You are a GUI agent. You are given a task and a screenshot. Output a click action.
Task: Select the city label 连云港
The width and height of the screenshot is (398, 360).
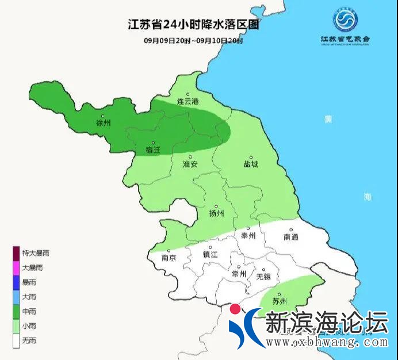coord(187,101)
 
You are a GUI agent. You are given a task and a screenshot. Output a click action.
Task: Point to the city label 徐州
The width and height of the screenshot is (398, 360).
coord(103,123)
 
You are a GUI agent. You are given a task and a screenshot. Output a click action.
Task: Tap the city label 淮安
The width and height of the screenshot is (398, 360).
coord(190,164)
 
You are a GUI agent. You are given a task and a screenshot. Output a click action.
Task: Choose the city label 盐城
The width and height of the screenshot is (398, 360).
coord(251,164)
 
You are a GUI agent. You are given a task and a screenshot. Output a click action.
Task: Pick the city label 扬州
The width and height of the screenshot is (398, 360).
coord(216,213)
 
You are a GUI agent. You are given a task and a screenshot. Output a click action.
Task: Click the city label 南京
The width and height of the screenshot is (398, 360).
coord(169,258)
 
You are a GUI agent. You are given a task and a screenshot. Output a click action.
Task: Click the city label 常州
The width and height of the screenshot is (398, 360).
coord(238,274)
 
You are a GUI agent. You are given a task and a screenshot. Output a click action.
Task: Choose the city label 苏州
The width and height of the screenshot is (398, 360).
coord(280,301)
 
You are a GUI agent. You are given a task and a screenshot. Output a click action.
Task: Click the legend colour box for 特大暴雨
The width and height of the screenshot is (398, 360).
coord(16,253)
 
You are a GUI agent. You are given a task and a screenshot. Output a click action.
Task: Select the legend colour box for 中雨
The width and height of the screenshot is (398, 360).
coord(16,312)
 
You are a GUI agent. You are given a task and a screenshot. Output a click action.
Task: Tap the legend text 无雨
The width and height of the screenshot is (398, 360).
coord(29,341)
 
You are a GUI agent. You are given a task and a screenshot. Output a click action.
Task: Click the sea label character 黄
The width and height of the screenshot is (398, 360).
coord(328,119)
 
